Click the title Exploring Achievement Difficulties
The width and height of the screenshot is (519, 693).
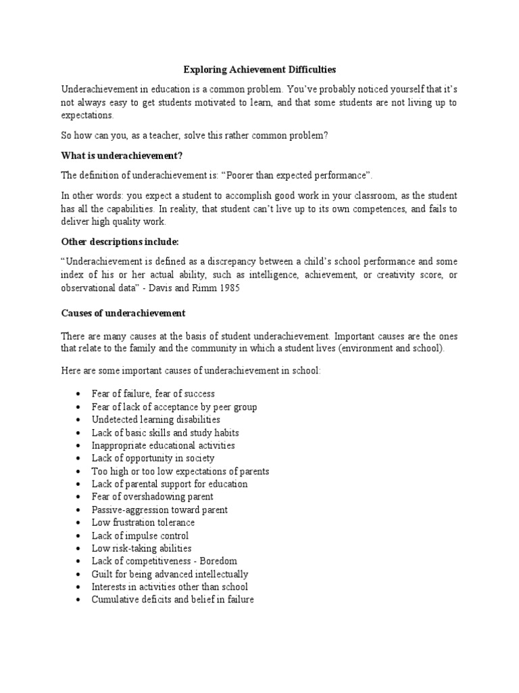[x=260, y=70]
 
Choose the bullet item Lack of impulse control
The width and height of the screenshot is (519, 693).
[x=140, y=535]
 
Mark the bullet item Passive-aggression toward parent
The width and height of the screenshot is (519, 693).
[x=159, y=510]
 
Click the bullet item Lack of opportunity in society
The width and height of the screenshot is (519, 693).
[x=153, y=458]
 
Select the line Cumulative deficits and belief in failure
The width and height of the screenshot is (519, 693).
[x=172, y=600]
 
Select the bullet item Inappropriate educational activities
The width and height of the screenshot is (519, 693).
[x=163, y=445]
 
